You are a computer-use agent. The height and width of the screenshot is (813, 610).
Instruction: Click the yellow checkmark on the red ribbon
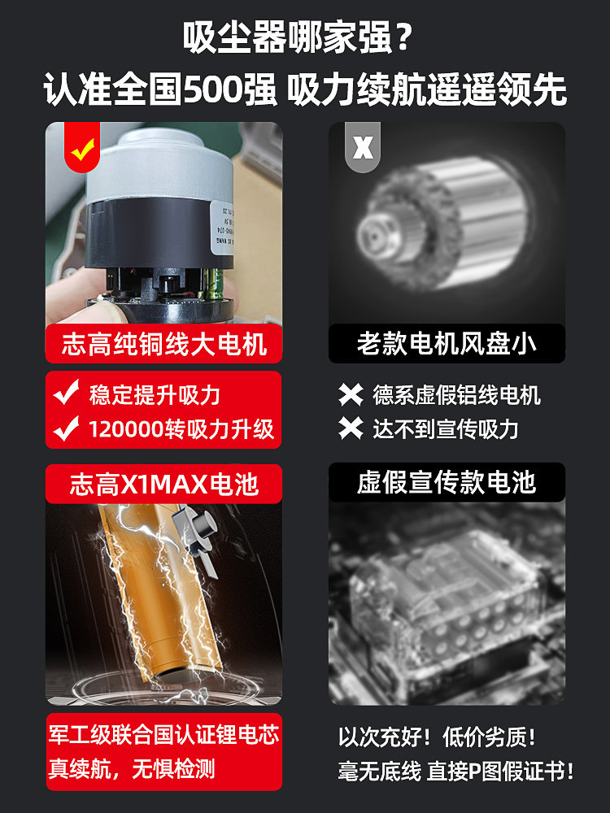82,147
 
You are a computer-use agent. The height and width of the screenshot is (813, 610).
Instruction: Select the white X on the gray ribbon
363,147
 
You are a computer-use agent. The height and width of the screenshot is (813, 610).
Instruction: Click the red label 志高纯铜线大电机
163,344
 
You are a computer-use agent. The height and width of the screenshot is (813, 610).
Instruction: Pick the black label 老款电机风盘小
446,344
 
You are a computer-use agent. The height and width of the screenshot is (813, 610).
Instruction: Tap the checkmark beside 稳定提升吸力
65,395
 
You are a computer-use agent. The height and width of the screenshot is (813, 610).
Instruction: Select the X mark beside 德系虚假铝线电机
351,395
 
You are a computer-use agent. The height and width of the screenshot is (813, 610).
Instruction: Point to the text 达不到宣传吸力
445,428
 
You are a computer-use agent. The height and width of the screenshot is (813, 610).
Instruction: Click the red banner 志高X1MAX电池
163,485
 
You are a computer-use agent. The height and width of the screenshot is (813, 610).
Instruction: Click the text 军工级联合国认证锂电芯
163,735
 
